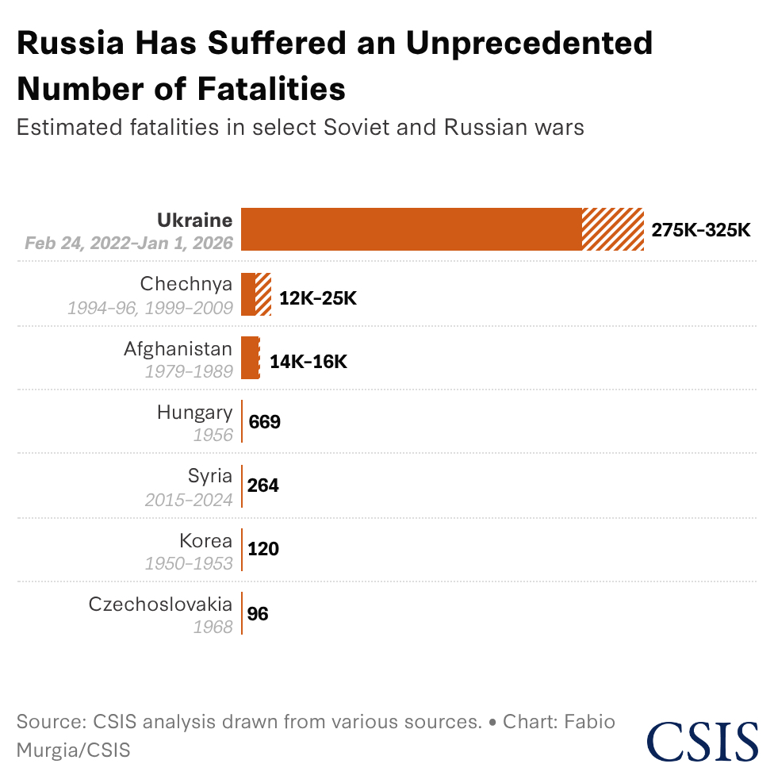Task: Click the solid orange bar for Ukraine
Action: click(x=411, y=229)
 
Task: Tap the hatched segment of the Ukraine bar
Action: click(x=612, y=229)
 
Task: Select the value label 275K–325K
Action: click(x=700, y=230)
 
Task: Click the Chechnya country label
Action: click(x=186, y=284)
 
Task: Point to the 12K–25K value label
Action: click(x=318, y=299)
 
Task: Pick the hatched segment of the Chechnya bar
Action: click(x=263, y=294)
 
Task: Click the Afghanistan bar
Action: click(x=250, y=358)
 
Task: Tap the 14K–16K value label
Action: click(x=308, y=362)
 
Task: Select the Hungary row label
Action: click(x=194, y=413)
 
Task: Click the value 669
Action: click(x=265, y=422)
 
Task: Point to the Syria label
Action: click(x=210, y=476)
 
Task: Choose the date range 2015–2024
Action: click(x=189, y=500)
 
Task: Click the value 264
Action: click(x=264, y=485)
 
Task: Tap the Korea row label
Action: click(x=206, y=540)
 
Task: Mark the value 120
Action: click(x=263, y=549)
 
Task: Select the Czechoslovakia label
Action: click(x=161, y=604)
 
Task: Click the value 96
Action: click(x=259, y=613)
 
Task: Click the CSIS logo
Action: click(x=702, y=739)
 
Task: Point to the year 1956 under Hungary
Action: click(x=213, y=436)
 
